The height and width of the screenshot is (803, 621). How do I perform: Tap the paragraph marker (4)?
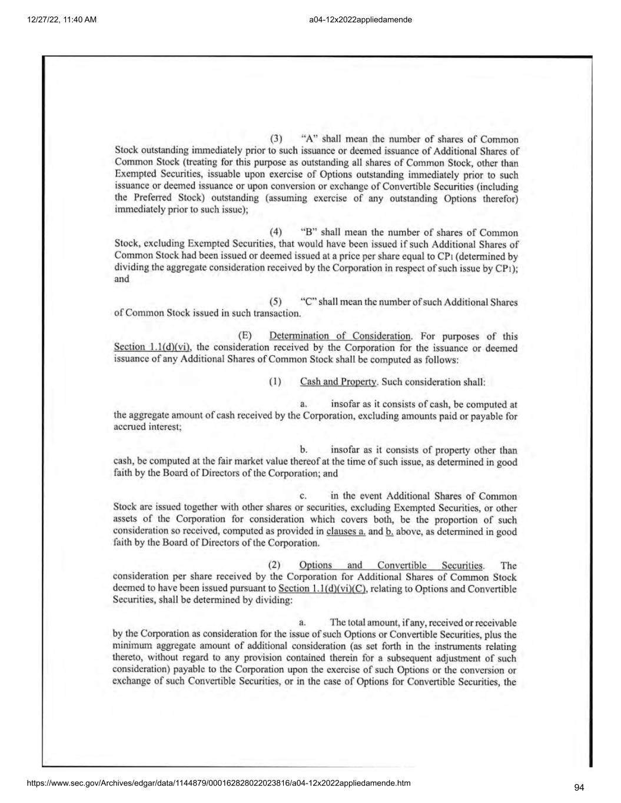[x=275, y=232]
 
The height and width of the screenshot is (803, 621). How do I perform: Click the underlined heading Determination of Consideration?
[x=340, y=336]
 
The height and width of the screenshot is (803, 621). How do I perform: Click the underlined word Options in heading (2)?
[x=316, y=565]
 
